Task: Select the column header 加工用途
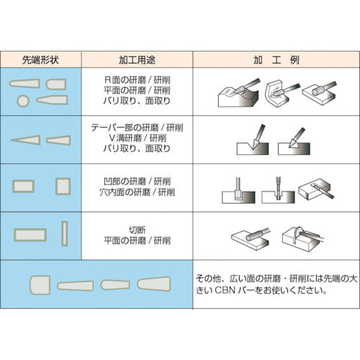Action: tap(137, 59)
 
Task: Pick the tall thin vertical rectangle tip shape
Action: tap(64, 233)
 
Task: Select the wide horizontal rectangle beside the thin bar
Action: tap(30, 234)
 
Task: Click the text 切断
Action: tap(136, 224)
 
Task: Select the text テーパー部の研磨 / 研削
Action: tap(136, 125)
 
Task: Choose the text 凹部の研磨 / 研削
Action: tap(136, 179)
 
